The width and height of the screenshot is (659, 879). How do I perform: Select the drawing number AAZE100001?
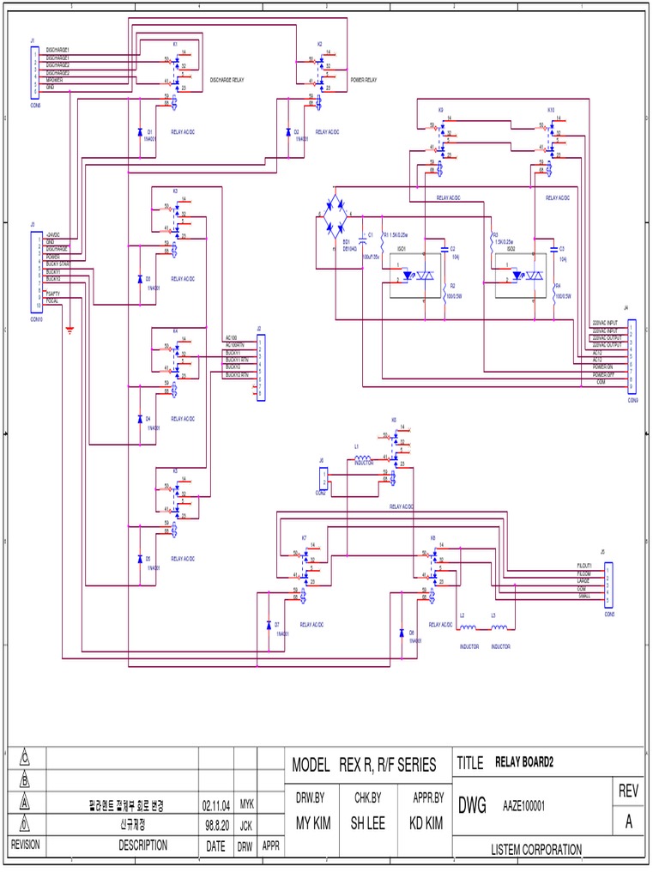pos(524,806)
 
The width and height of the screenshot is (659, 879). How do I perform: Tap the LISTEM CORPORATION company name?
pos(536,849)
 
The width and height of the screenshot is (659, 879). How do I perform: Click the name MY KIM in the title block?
pos(314,822)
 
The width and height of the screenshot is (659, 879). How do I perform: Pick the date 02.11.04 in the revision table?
pos(216,806)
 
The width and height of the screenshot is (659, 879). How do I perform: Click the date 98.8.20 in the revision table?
pos(216,826)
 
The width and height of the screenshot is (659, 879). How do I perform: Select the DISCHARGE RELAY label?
pos(227,79)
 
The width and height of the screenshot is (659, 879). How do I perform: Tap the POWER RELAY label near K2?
pos(364,79)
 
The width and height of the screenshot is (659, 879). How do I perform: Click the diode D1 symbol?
pos(140,132)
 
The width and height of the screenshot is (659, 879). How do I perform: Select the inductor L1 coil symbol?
pos(363,459)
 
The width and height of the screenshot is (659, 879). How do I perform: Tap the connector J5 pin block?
pos(608,583)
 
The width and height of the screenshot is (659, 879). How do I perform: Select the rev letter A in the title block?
pos(629,821)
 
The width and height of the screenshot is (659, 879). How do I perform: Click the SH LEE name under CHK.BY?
pos(368,822)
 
